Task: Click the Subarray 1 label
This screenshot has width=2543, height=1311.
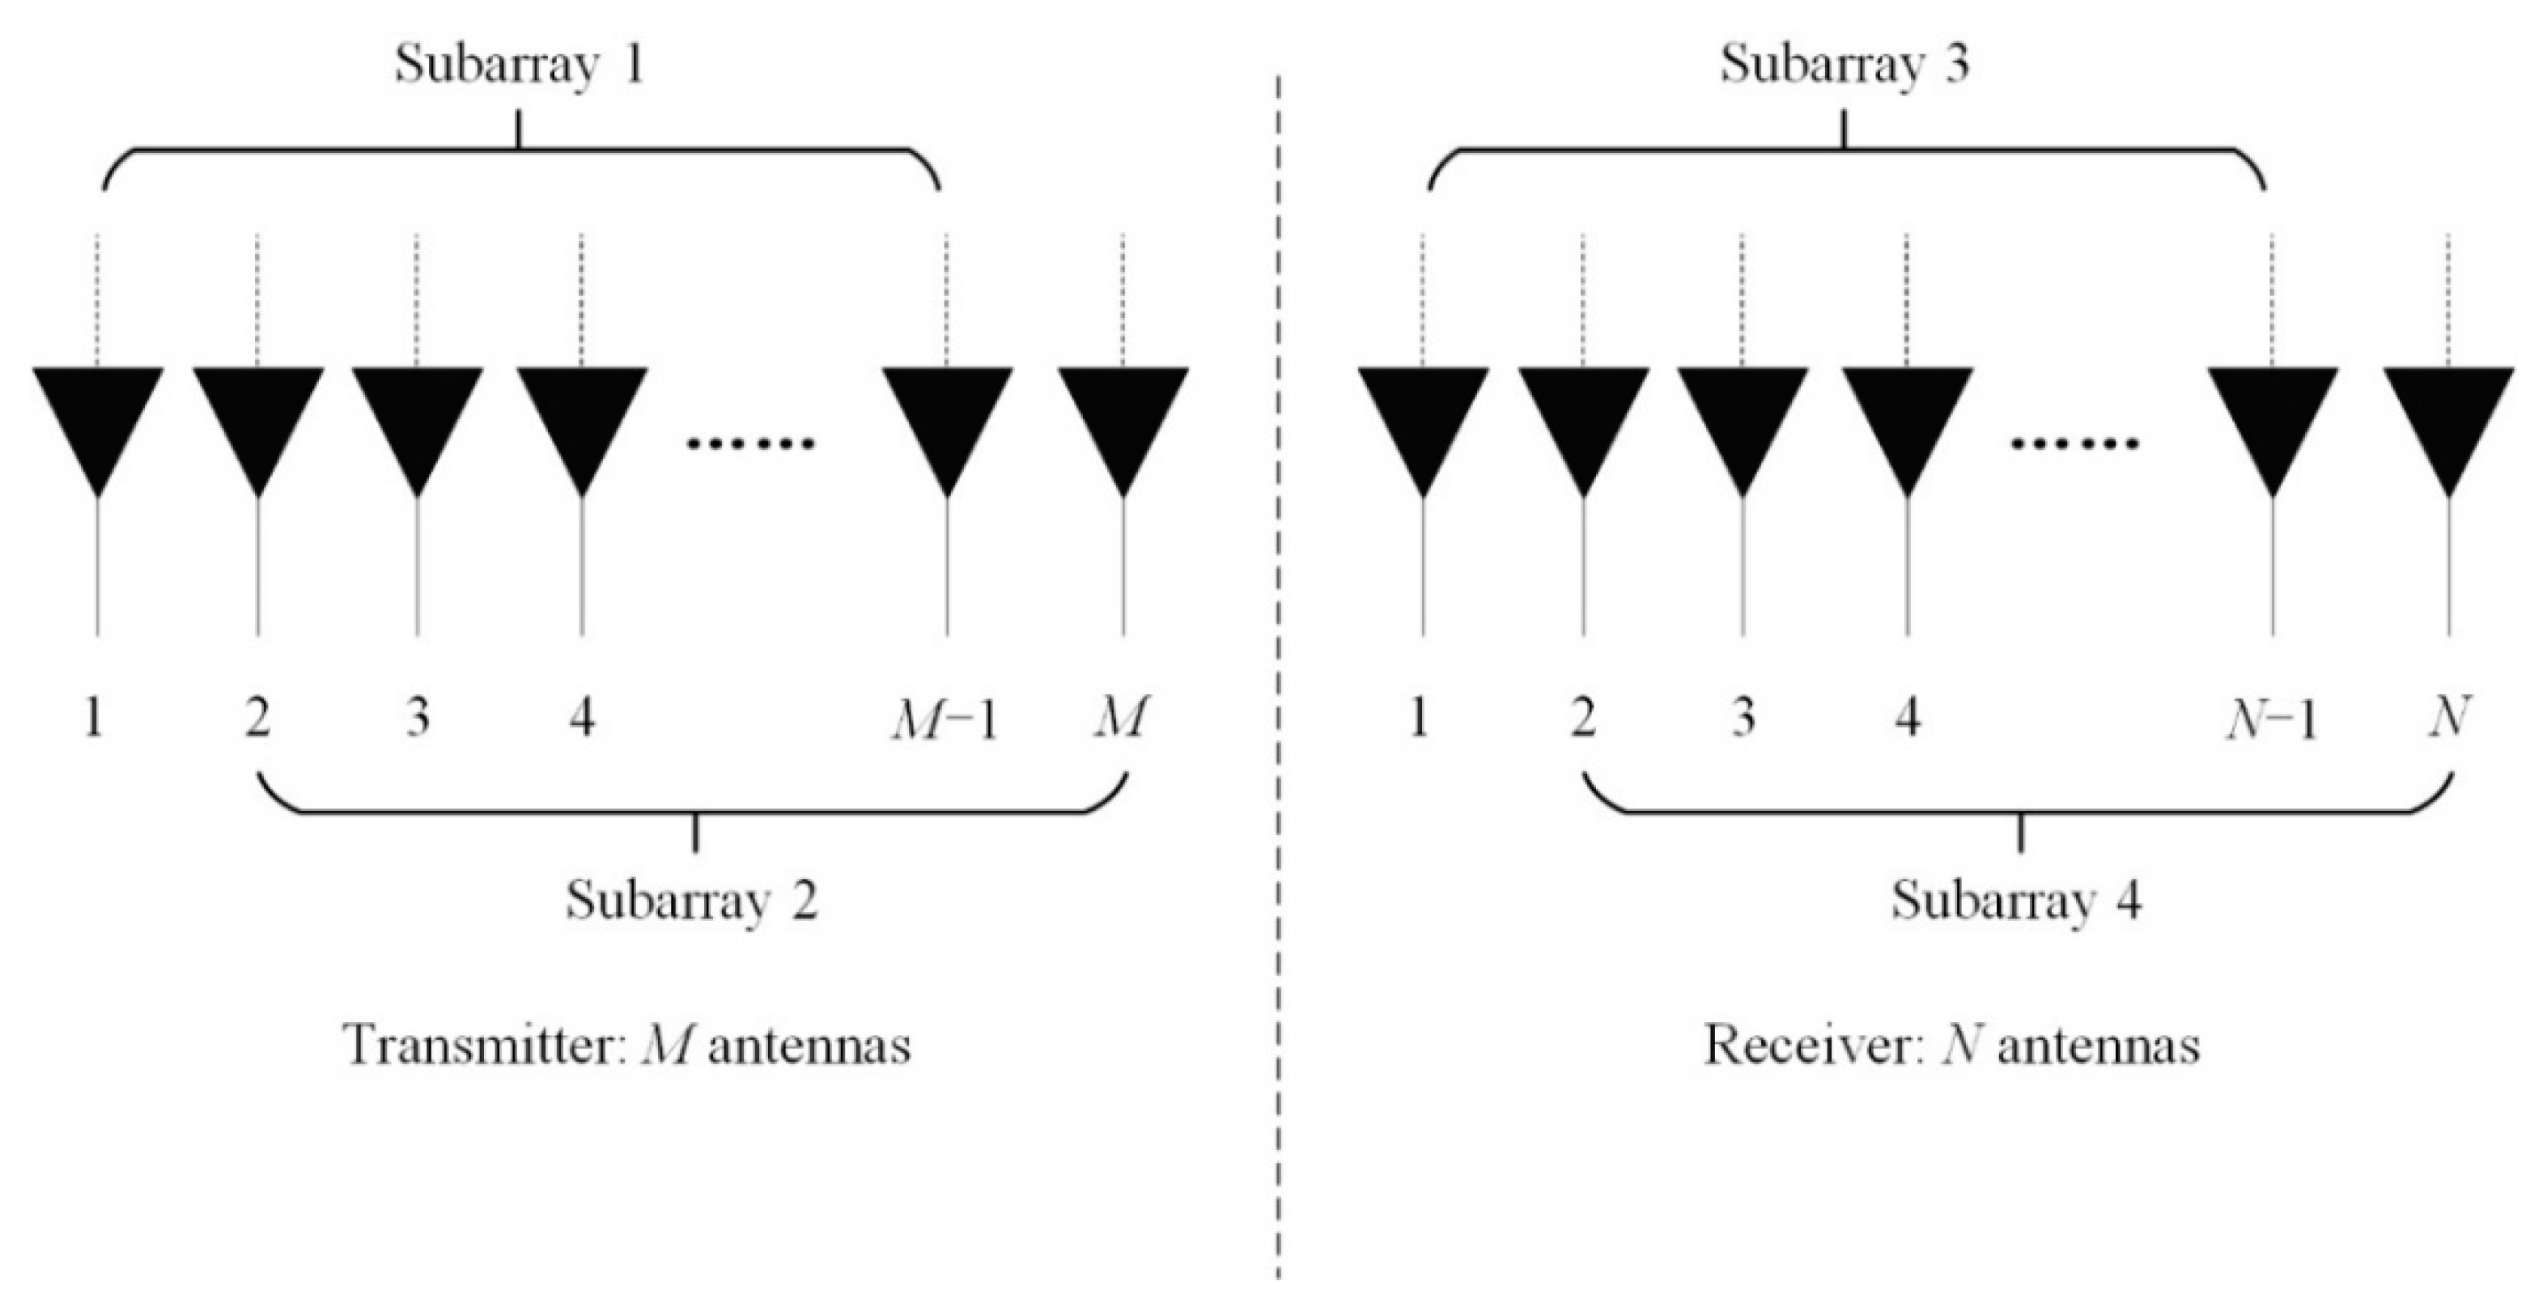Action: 520,66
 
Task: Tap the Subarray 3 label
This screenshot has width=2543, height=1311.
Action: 1844,66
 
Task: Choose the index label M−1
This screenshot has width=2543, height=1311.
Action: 945,721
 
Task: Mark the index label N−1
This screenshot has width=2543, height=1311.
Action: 2270,721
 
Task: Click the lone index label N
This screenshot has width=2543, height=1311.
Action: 2449,718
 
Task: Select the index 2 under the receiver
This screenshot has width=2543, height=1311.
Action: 1582,719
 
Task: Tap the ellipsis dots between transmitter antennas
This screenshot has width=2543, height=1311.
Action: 751,443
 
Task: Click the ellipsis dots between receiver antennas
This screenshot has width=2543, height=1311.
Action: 2076,443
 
